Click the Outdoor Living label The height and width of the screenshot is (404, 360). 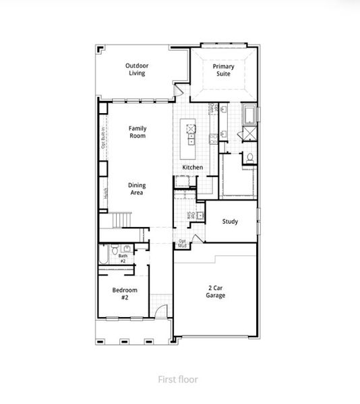[137, 69]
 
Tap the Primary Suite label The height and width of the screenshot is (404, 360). [223, 70]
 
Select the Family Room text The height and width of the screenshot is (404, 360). [138, 132]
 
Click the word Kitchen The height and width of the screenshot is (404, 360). [193, 167]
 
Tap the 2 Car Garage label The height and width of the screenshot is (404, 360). [216, 292]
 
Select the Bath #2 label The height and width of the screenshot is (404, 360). [123, 258]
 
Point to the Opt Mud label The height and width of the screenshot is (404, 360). [182, 243]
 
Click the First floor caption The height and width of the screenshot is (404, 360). [179, 379]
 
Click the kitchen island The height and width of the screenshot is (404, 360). [192, 133]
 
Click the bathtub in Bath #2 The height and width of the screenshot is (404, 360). [104, 255]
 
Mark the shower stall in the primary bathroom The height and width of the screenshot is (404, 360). [249, 133]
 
